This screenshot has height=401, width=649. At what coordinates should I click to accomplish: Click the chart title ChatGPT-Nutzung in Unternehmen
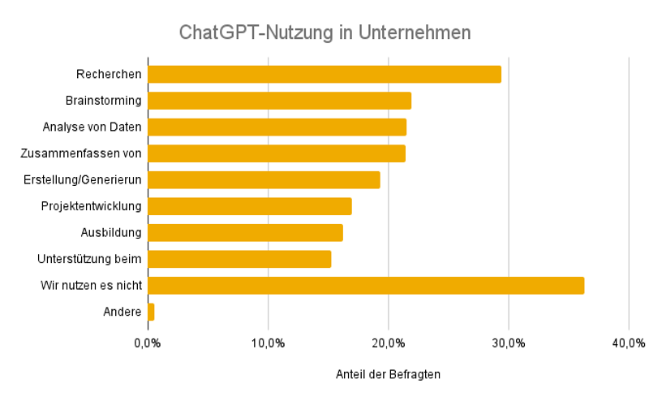pyautogui.click(x=324, y=33)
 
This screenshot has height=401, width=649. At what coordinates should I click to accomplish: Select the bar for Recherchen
pyautogui.click(x=324, y=75)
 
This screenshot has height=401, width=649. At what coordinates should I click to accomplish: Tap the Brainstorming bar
pyautogui.click(x=279, y=101)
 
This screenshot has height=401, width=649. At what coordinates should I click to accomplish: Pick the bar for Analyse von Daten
pyautogui.click(x=277, y=127)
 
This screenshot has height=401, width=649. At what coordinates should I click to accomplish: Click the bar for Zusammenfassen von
pyautogui.click(x=276, y=153)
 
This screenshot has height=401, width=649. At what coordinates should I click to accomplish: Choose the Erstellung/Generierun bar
pyautogui.click(x=264, y=180)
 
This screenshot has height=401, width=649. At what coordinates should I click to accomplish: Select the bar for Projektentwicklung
pyautogui.click(x=249, y=206)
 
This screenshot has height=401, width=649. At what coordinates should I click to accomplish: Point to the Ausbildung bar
pyautogui.click(x=245, y=233)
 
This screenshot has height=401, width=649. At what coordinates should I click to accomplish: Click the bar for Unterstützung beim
pyautogui.click(x=239, y=259)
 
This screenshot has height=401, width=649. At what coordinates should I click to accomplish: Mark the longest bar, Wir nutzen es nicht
pyautogui.click(x=365, y=286)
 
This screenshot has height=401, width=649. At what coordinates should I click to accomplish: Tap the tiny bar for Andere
pyautogui.click(x=151, y=312)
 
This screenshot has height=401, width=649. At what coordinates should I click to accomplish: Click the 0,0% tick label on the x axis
pyautogui.click(x=147, y=343)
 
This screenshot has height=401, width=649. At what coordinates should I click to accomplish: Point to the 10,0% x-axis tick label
pyautogui.click(x=268, y=343)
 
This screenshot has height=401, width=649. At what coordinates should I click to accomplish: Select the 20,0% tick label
pyautogui.click(x=388, y=343)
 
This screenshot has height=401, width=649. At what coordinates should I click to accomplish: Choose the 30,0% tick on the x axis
pyautogui.click(x=509, y=343)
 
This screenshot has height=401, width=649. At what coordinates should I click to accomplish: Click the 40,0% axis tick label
pyautogui.click(x=629, y=343)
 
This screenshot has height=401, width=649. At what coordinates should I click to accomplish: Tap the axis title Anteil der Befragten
pyautogui.click(x=388, y=375)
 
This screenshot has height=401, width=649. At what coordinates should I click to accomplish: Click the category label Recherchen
pyautogui.click(x=109, y=75)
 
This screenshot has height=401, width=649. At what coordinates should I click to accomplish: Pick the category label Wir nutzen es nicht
pyautogui.click(x=91, y=286)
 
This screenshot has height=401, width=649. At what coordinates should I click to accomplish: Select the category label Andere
pyautogui.click(x=122, y=312)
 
